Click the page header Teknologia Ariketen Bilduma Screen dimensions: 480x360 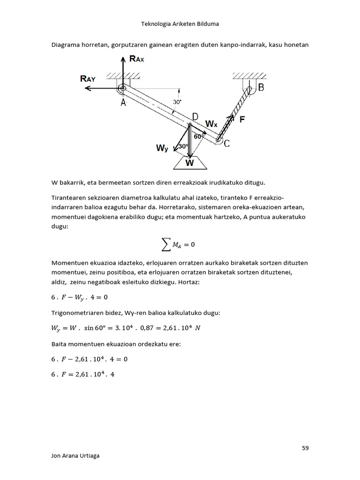[x=180, y=23]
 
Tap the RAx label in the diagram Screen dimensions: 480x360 [x=136, y=59]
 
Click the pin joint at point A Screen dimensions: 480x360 [x=122, y=88]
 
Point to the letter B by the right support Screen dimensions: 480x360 [x=261, y=87]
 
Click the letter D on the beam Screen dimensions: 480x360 [x=195, y=116]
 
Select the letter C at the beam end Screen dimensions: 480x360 [x=226, y=144]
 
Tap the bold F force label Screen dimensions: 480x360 [x=242, y=120]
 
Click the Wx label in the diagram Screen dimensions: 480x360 [x=211, y=124]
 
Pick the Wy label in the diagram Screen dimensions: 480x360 [x=162, y=149]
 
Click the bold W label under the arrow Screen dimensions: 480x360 [x=189, y=164]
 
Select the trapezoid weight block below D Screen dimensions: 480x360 [x=190, y=162]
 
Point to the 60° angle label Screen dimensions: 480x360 [x=199, y=136]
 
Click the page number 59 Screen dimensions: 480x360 [x=305, y=448]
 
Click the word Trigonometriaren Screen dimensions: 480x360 [x=76, y=313]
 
